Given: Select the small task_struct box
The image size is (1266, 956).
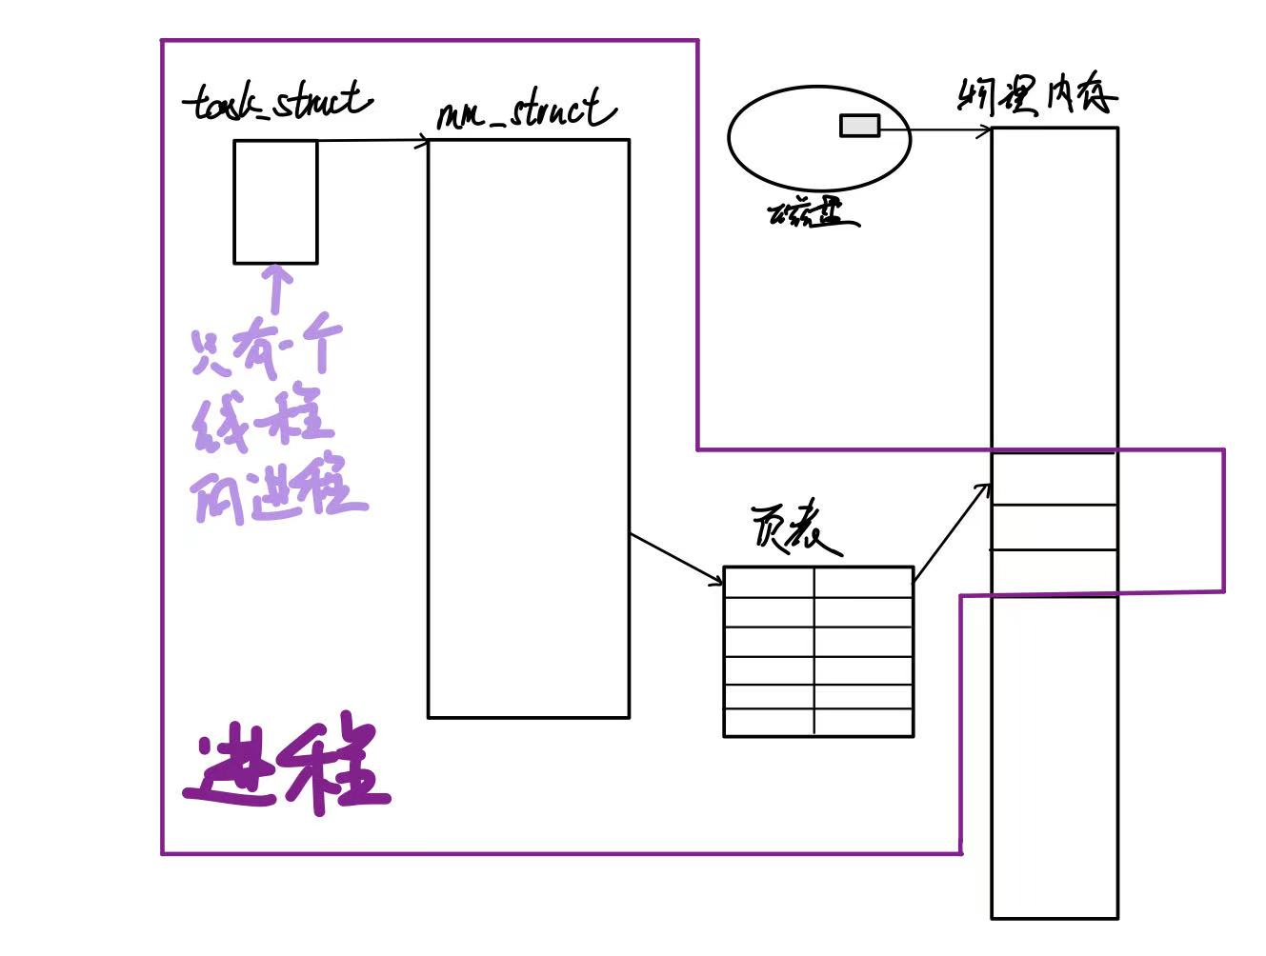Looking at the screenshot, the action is point(275,201).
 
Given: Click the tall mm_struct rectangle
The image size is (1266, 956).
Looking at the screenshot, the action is point(528,428).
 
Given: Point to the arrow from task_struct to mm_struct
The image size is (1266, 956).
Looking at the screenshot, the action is point(372,142).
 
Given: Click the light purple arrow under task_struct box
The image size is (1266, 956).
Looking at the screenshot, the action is point(277,288).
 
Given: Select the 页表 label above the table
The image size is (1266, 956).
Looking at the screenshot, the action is point(794,526).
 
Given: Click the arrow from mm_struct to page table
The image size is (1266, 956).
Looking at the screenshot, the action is point(676,559).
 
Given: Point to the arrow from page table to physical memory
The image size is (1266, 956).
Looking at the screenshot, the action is point(951,531).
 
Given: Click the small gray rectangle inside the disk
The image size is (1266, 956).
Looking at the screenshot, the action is point(859,126).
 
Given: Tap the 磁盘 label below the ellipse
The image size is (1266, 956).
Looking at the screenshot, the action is point(812,215).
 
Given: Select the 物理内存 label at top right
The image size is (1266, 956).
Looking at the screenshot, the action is point(1036,95).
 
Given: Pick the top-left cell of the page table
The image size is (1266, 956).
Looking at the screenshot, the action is point(769,583).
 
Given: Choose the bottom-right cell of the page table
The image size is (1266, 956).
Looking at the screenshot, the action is point(863,723).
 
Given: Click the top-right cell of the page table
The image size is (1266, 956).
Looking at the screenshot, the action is point(863,583).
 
